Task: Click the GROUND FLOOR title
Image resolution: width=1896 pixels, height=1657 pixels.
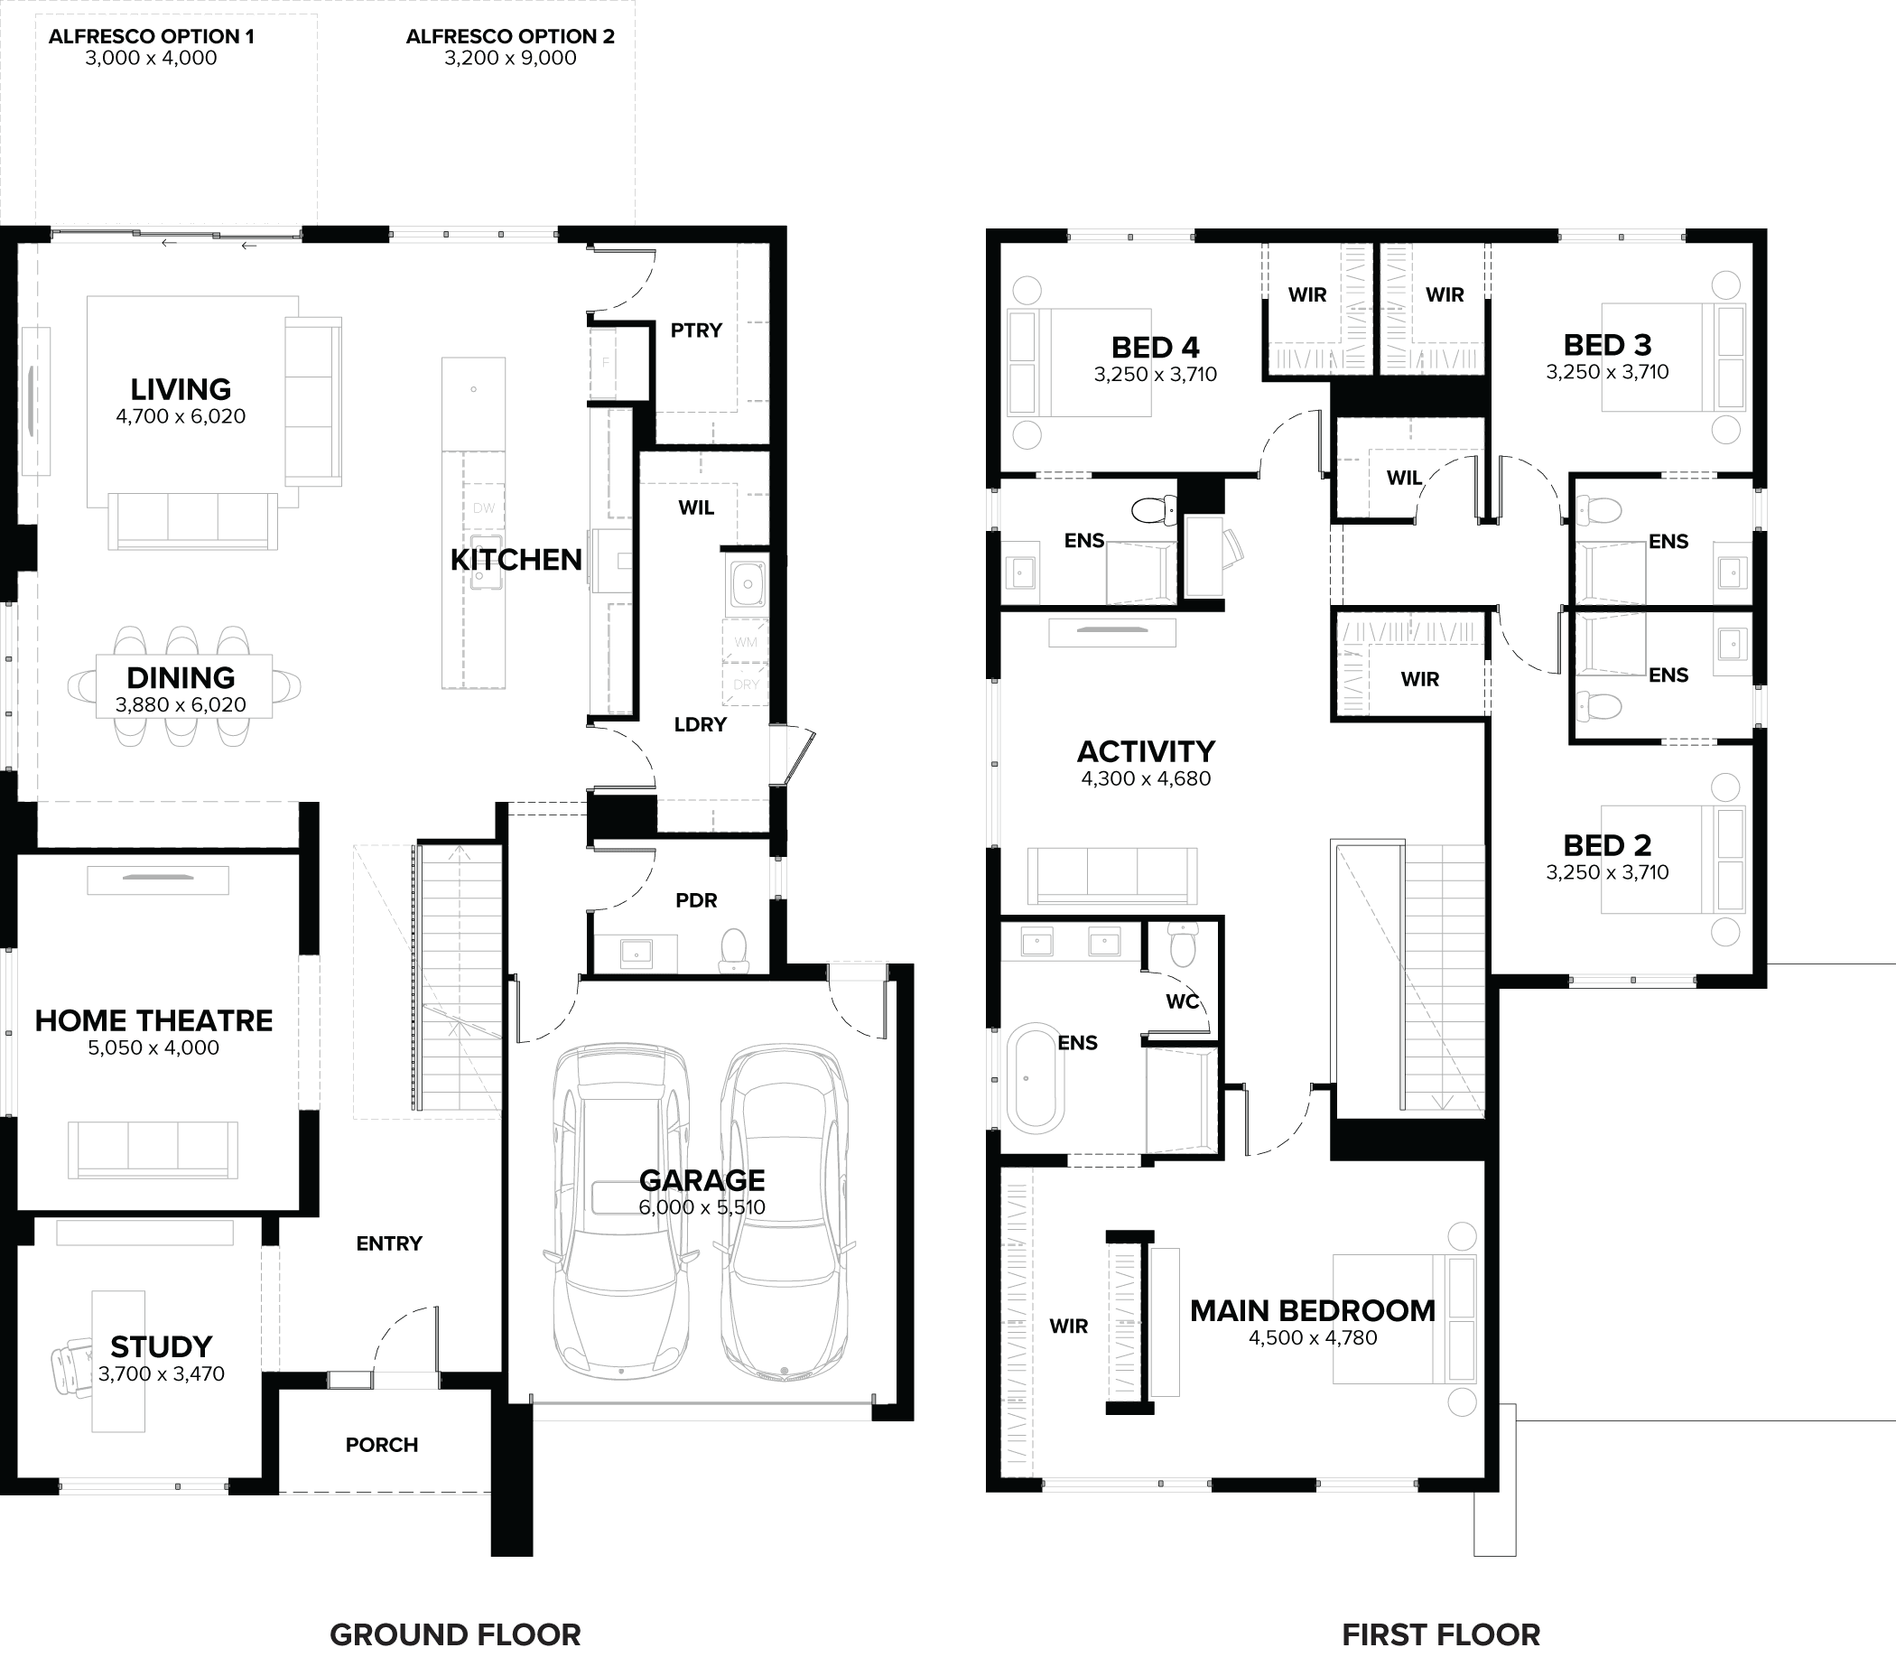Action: pyautogui.click(x=455, y=1634)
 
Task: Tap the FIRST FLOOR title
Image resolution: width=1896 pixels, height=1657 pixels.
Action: pyautogui.click(x=1440, y=1634)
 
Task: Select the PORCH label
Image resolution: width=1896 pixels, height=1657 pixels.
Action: pyautogui.click(x=382, y=1444)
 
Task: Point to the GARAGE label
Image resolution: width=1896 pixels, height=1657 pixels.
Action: pyautogui.click(x=702, y=1180)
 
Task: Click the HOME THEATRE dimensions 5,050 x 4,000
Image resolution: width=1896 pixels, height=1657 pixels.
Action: pyautogui.click(x=153, y=1047)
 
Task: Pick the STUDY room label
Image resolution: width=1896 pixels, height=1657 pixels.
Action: pyautogui.click(x=161, y=1345)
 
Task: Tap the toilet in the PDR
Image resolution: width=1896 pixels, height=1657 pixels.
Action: pyautogui.click(x=733, y=950)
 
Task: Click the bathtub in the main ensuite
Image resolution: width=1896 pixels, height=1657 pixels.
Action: pyautogui.click(x=1035, y=1077)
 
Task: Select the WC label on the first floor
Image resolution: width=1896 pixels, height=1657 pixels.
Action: pyautogui.click(x=1183, y=1001)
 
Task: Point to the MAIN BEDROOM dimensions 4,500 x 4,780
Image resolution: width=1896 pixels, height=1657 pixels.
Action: pyautogui.click(x=1313, y=1337)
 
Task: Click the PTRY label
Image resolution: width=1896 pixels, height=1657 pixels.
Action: pyautogui.click(x=696, y=330)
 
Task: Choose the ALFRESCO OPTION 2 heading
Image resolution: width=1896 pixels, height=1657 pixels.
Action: pyautogui.click(x=510, y=36)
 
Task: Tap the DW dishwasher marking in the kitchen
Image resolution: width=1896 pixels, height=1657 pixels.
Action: pyautogui.click(x=483, y=507)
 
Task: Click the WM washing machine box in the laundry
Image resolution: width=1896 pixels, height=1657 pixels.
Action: pyautogui.click(x=745, y=642)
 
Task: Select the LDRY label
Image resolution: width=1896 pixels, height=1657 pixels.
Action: pyautogui.click(x=700, y=724)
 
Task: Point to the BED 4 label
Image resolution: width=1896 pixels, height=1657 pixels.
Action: pyautogui.click(x=1155, y=347)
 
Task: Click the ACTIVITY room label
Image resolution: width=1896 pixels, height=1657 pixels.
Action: pyautogui.click(x=1146, y=750)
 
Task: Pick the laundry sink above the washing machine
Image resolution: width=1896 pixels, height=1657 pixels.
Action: pyautogui.click(x=746, y=582)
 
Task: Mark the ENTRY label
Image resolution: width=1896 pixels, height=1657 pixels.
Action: pyautogui.click(x=389, y=1243)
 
